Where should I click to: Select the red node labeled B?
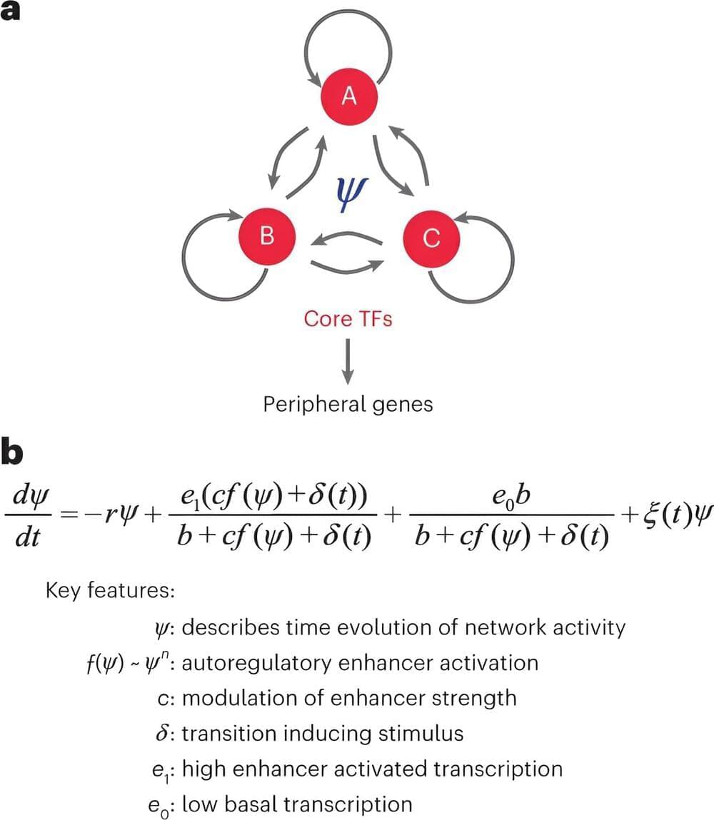[x=267, y=236]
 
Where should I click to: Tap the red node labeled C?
[x=431, y=238]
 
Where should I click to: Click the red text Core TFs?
[x=348, y=318]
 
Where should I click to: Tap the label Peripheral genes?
[x=348, y=404]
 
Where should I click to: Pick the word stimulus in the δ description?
[x=421, y=733]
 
